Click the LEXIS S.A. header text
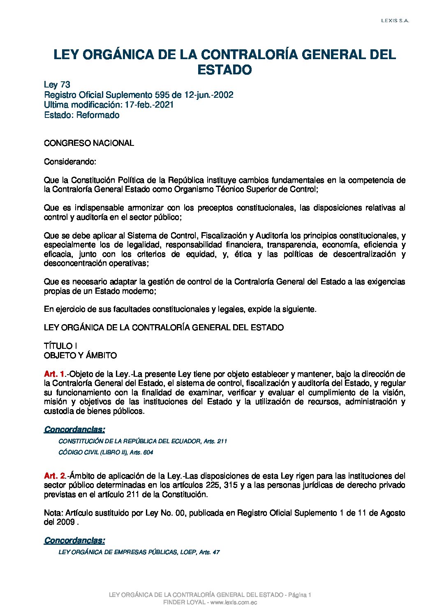pos(395,21)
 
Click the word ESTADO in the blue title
pos(224,70)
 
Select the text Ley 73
pos(57,85)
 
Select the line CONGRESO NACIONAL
pos(89,143)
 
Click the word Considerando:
pos(70,161)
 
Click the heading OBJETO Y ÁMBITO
pos(80,355)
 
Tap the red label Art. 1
pos(54,374)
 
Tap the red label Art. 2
pos(54,476)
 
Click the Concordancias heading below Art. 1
pos(74,429)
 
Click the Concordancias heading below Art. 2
pos(74,540)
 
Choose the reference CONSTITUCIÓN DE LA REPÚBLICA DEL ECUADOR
pos(130,441)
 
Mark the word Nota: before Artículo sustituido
pos(53,513)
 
